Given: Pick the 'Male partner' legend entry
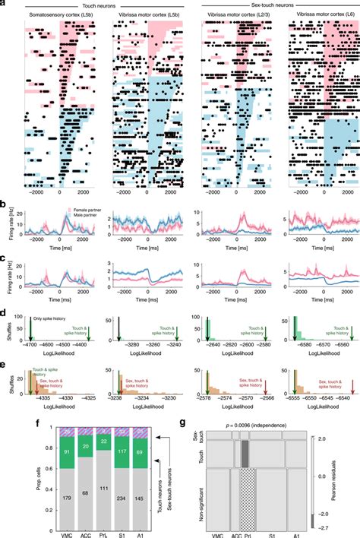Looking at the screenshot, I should pyautogui.click(x=71, y=215).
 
